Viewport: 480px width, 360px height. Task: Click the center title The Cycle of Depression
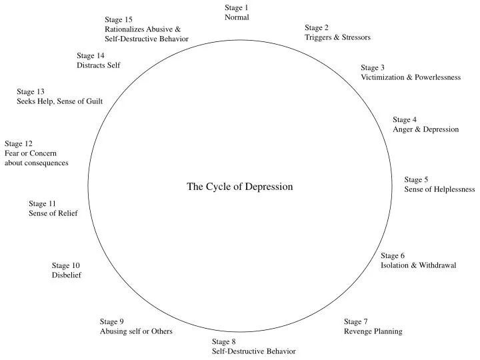pyautogui.click(x=239, y=187)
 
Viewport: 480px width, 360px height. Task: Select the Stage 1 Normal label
pyautogui.click(x=237, y=13)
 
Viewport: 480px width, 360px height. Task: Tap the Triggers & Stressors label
pyautogui.click(x=337, y=37)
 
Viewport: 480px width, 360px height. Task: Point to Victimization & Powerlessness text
pyautogui.click(x=411, y=77)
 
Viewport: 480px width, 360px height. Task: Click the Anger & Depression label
pyautogui.click(x=425, y=129)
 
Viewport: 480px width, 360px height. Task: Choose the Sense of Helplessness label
pyautogui.click(x=439, y=189)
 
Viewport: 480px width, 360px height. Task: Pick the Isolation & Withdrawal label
pyautogui.click(x=418, y=265)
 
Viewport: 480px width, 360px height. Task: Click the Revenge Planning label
pyautogui.click(x=373, y=331)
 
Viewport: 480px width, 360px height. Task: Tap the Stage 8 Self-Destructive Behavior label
pyautogui.click(x=253, y=346)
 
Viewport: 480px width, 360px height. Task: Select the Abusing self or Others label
pyautogui.click(x=136, y=331)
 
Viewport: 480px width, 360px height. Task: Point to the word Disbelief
pyautogui.click(x=67, y=275)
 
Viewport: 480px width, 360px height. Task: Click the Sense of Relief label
pyautogui.click(x=53, y=213)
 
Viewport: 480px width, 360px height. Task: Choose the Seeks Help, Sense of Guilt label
pyautogui.click(x=59, y=101)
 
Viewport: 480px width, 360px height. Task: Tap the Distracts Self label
pyautogui.click(x=98, y=65)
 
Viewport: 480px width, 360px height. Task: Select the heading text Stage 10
pyautogui.click(x=66, y=265)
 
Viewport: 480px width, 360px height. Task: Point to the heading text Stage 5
pyautogui.click(x=416, y=179)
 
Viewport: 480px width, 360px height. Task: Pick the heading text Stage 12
pyautogui.click(x=19, y=143)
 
